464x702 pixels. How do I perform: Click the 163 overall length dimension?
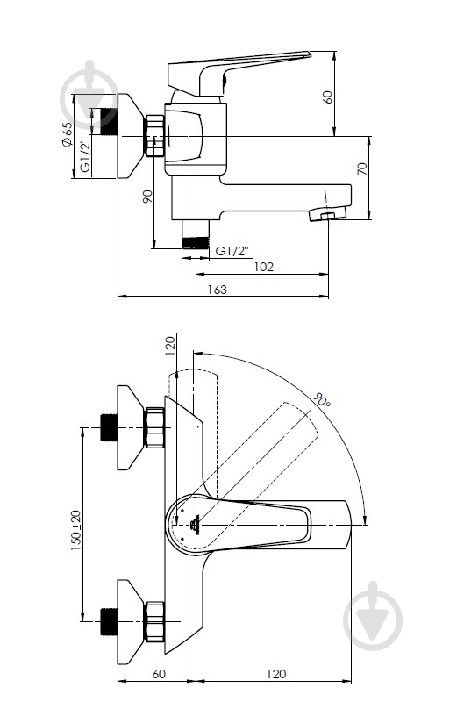coord(217,290)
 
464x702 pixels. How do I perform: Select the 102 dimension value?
coord(263,267)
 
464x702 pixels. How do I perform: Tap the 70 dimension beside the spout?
coord(362,168)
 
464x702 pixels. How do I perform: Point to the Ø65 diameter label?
coord(67,134)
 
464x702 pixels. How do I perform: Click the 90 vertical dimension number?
coord(147,197)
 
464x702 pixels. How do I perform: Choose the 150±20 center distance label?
coord(75,530)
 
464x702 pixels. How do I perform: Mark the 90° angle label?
coord(322,400)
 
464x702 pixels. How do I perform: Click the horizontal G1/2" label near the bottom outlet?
coord(232,251)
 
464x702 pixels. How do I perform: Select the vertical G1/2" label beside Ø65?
coord(85,155)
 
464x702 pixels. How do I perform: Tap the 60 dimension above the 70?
coord(328,97)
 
